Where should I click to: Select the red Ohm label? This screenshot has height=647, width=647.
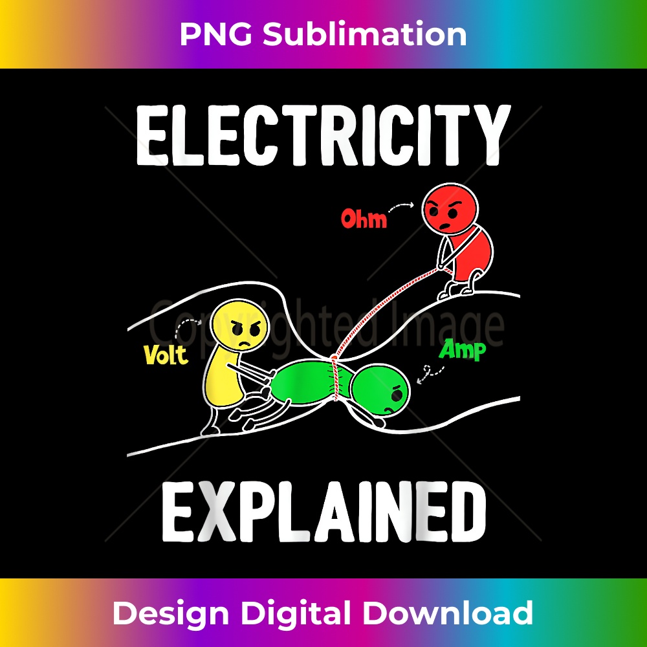pos(364,219)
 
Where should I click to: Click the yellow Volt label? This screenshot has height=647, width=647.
pos(166,355)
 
